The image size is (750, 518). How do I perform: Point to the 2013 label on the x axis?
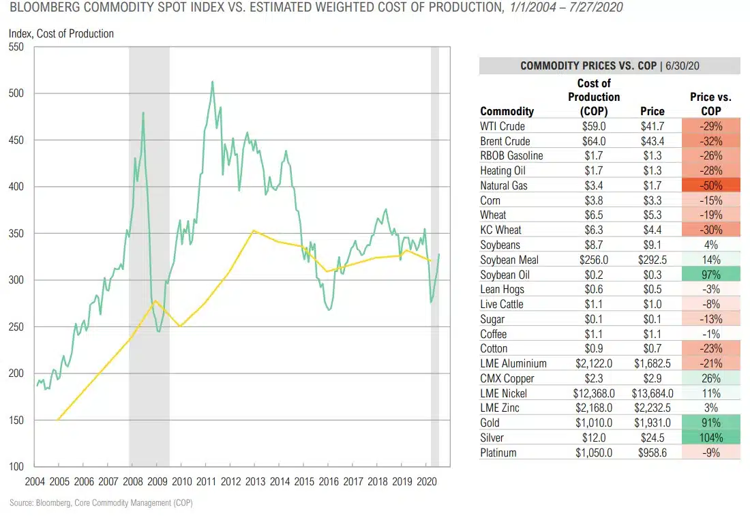tap(255, 481)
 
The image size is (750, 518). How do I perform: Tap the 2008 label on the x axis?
tap(132, 481)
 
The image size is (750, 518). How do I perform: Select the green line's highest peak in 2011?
tap(212, 82)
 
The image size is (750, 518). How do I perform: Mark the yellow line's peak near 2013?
tap(254, 230)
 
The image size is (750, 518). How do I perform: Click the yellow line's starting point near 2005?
tap(57, 421)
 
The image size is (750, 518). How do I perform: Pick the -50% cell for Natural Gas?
tap(710, 185)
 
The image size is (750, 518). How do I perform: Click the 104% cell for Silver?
tap(710, 438)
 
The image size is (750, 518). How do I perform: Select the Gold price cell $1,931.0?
tap(652, 423)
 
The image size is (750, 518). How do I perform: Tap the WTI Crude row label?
tap(502, 126)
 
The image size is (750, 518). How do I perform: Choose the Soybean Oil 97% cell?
tap(710, 275)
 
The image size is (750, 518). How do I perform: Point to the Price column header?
tap(652, 111)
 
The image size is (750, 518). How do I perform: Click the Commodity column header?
tap(507, 111)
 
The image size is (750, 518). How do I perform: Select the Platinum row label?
tap(498, 453)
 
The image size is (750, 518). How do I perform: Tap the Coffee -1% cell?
tap(710, 334)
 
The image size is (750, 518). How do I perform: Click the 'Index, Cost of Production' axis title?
tap(61, 33)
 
